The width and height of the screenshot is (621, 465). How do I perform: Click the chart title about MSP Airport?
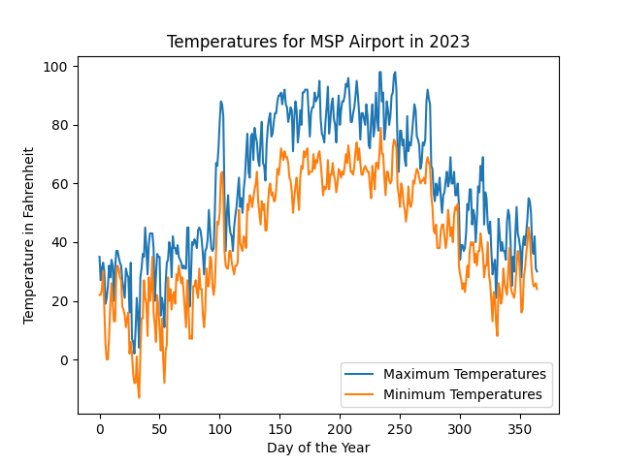317,42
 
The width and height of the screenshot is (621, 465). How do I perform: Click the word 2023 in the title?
451,42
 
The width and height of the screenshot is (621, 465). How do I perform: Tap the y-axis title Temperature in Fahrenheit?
29,235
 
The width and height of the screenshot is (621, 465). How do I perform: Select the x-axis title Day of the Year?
317,448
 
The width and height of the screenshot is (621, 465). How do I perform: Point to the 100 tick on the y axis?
55,67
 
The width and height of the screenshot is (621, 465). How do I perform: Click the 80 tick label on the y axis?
59,125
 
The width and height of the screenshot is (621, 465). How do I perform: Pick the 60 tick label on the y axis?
59,184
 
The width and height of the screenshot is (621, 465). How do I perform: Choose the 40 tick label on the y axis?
59,242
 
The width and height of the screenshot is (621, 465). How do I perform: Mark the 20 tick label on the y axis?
59,301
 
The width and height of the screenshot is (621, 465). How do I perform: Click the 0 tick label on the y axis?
63,360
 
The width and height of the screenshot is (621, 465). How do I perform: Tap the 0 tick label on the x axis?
99,427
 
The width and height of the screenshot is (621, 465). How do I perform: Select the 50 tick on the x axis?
159,427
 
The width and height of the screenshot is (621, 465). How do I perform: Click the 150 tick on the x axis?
279,427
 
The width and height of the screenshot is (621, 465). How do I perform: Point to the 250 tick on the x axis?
400,427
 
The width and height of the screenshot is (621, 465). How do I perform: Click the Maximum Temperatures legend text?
465,374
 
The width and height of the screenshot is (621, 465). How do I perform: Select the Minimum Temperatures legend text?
463,394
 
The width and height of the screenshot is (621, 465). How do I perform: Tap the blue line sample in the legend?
361,374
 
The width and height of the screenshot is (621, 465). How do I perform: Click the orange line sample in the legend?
361,394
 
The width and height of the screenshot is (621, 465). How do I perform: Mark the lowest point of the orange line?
139,397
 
